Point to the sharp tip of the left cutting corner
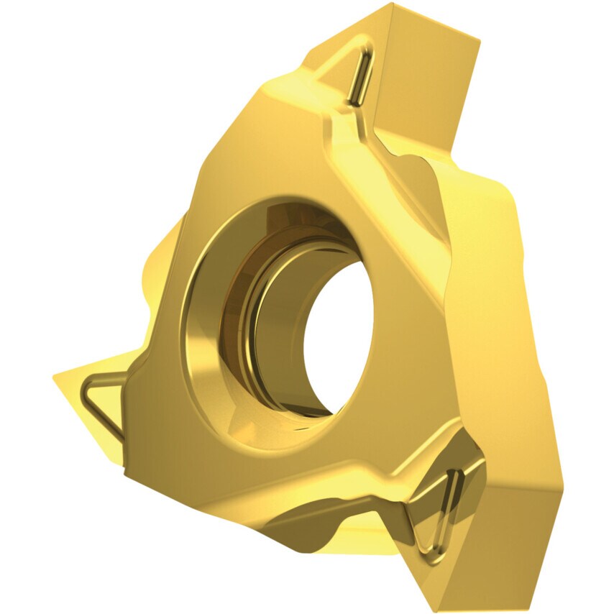click(x=55, y=376)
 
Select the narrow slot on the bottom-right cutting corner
click(x=447, y=503)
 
